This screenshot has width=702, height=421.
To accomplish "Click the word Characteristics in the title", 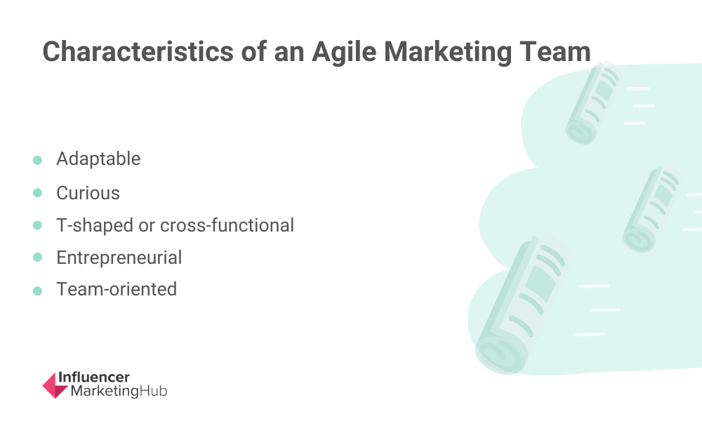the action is click(138, 51).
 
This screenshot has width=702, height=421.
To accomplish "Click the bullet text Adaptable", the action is click(98, 159).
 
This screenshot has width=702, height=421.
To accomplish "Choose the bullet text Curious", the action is click(88, 193).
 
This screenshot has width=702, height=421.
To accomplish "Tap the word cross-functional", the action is click(227, 225).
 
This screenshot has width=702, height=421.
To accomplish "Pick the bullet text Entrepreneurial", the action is click(119, 258).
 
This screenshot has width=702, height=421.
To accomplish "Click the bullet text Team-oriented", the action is click(117, 290).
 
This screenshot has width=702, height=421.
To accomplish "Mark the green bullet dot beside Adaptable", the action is click(38, 160).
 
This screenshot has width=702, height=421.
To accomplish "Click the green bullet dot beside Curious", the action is click(38, 193).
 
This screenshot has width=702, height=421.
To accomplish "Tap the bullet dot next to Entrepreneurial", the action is click(38, 258).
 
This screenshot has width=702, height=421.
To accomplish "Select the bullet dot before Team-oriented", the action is click(38, 290).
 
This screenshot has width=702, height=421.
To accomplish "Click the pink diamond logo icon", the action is click(55, 386).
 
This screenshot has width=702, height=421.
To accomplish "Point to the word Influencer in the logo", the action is click(94, 377).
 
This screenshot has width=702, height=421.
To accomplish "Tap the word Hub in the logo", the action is click(153, 391).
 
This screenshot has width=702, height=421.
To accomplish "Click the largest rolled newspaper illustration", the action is click(522, 305).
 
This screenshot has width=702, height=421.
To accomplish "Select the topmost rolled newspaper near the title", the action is click(593, 103).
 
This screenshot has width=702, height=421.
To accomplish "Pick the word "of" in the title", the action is click(254, 51).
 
